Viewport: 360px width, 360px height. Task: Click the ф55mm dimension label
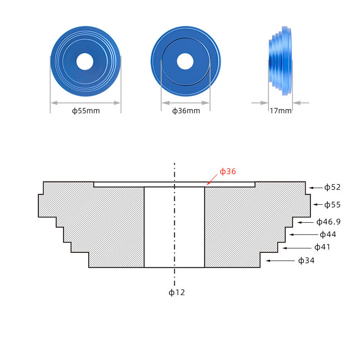[86, 111]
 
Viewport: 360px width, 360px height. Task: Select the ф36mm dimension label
[186, 111]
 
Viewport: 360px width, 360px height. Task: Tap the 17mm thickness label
[280, 111]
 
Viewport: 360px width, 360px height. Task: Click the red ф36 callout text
[228, 171]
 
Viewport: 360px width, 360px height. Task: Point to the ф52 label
[332, 187]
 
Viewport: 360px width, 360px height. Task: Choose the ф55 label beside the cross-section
[332, 205]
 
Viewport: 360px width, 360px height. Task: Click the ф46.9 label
[328, 222]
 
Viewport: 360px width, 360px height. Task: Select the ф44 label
[328, 234]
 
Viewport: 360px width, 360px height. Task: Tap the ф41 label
[322, 247]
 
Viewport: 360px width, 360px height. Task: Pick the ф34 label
[306, 261]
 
